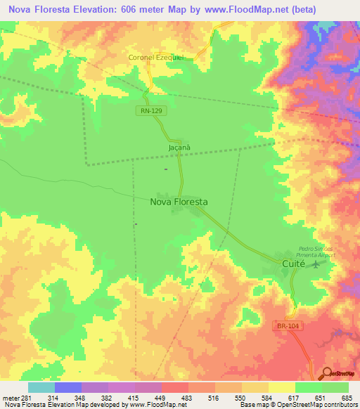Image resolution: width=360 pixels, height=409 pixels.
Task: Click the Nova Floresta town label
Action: [179, 202]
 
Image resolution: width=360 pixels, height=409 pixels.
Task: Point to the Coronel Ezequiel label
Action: [155, 58]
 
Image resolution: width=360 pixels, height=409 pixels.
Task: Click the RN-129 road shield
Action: [148, 110]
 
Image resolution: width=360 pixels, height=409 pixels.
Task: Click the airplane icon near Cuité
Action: [315, 264]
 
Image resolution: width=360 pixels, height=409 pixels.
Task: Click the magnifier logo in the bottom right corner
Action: [326, 374]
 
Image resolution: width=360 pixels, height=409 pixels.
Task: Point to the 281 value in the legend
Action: [24, 398]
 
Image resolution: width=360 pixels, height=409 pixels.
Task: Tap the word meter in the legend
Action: [10, 398]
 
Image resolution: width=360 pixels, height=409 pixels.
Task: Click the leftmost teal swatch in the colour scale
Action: [41, 387]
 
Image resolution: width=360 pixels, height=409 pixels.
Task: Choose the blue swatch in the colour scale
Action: [68, 387]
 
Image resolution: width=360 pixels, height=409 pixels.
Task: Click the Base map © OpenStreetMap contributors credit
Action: [298, 405]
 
